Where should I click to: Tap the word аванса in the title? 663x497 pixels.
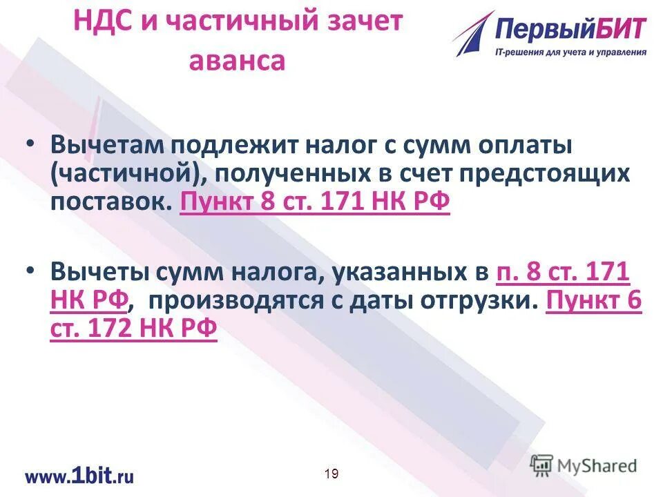click(237, 61)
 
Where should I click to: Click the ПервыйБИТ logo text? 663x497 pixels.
click(570, 30)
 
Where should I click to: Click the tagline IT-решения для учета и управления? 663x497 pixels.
click(570, 52)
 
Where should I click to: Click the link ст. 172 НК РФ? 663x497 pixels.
click(134, 331)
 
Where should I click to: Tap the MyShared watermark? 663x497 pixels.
click(584, 465)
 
